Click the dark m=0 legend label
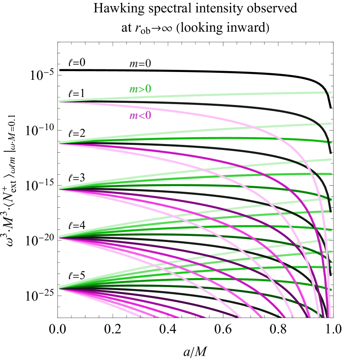[x=140, y=64]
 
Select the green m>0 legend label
[x=140, y=89]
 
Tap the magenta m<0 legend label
[x=140, y=116]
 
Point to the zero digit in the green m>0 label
[x=148, y=89]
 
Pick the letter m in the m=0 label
[x=133, y=64]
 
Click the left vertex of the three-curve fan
[x=59, y=101]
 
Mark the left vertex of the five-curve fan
[x=59, y=143]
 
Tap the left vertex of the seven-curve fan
[x=59, y=189]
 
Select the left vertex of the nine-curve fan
[x=59, y=237]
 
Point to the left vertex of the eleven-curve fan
[x=59, y=288]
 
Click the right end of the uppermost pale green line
[x=331, y=92]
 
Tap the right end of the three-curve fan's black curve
[x=331, y=153]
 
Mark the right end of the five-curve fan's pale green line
[x=331, y=124]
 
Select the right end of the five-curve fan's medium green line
[x=331, y=142]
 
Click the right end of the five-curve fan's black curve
[x=331, y=211]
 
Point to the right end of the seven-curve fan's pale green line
[x=331, y=160]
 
